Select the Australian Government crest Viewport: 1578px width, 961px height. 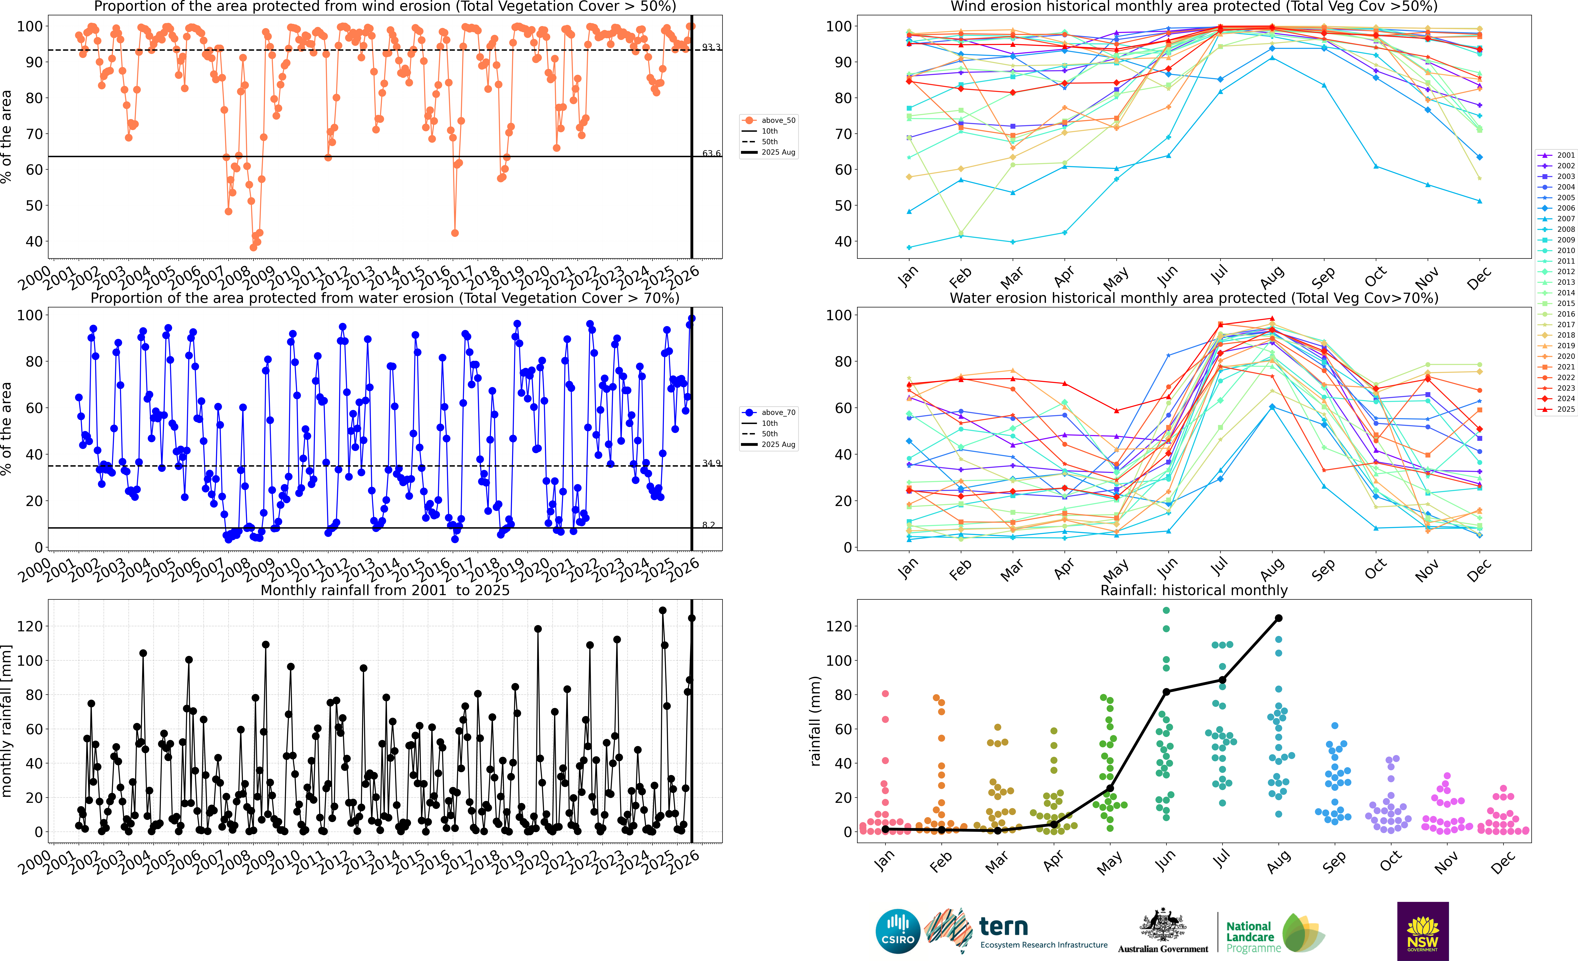tap(1162, 926)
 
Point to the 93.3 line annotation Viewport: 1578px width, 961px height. tap(711, 47)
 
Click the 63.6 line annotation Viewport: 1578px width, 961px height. tap(711, 153)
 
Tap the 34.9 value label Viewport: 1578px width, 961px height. tap(711, 463)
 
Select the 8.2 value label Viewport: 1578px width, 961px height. tap(708, 525)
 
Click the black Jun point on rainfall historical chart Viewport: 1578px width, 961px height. tap(1166, 692)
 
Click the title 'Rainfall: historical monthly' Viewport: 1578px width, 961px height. tap(1194, 590)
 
